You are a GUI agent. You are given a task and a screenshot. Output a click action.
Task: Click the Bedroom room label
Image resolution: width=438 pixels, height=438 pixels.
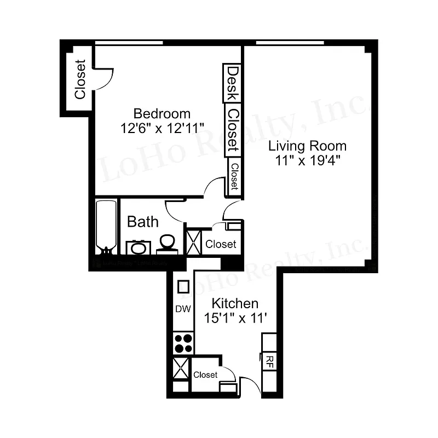162,114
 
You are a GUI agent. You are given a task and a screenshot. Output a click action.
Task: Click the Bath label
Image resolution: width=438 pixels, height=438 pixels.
143,222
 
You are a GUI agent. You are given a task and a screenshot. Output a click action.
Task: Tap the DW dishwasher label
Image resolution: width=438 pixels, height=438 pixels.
183,309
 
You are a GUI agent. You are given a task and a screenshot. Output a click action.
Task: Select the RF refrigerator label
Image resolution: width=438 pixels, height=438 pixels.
269,360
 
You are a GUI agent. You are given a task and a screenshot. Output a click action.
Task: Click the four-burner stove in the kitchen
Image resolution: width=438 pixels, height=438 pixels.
183,343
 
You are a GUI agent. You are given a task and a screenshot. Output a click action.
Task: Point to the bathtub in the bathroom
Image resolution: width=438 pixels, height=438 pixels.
106,226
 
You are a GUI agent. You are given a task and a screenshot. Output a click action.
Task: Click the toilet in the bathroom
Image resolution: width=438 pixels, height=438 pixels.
168,243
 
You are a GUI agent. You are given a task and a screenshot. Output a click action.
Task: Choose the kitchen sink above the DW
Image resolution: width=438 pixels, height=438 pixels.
183,286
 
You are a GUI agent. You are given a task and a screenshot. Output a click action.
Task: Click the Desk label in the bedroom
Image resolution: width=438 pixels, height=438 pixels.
232,83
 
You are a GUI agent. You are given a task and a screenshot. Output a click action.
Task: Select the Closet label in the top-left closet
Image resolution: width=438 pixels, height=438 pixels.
80,79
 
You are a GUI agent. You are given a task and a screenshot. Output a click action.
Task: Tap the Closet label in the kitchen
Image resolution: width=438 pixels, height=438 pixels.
205,375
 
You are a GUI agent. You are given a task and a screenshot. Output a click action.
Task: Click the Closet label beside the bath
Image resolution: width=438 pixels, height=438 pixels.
221,244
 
